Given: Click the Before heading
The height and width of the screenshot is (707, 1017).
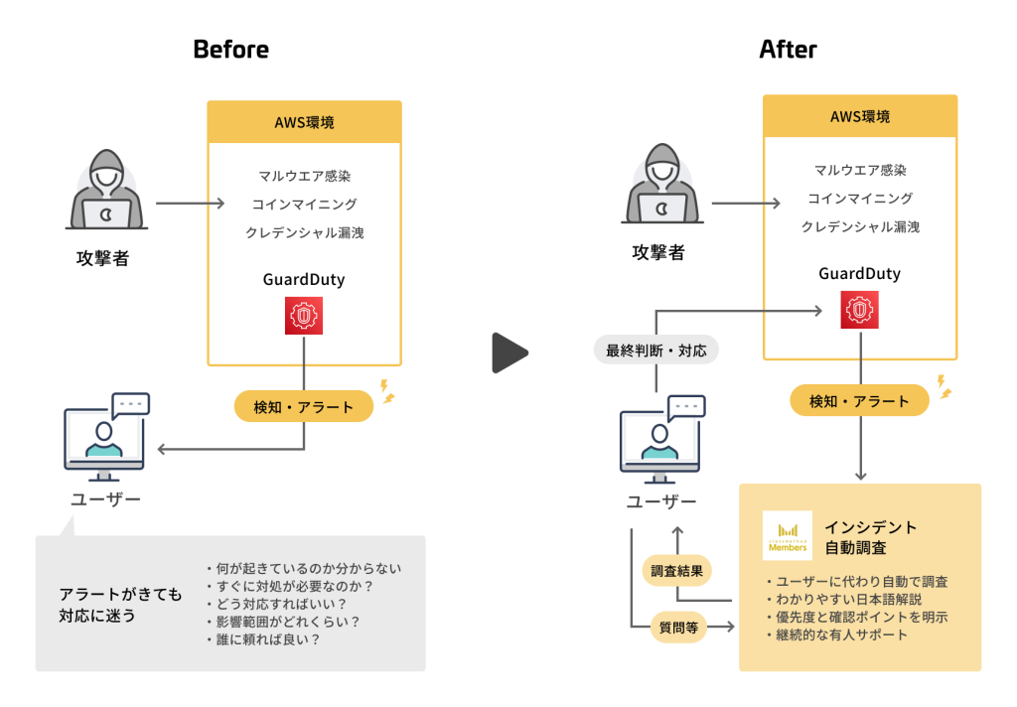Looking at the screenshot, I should [230, 49].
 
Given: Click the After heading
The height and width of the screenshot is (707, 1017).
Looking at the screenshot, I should [788, 49].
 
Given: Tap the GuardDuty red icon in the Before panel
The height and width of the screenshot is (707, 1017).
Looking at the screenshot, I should [303, 316].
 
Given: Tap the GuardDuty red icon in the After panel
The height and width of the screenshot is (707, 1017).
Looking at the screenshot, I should [860, 310].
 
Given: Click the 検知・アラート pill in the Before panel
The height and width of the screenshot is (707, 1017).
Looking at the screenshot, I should [303, 406].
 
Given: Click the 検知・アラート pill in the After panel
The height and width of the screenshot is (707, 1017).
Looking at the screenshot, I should [859, 401].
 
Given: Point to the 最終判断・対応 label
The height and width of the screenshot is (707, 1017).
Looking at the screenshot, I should [655, 351].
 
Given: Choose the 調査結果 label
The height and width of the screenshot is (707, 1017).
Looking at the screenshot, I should [677, 571].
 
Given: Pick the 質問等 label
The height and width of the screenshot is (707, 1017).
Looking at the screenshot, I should [679, 627].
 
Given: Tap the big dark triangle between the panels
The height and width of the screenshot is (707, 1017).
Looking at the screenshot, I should [509, 353].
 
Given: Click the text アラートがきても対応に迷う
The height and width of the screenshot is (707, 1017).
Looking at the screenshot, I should [120, 605].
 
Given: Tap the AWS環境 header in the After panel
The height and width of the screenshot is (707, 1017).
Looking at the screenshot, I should [860, 116].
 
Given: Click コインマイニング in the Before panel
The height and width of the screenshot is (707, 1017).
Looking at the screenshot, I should [304, 205].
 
